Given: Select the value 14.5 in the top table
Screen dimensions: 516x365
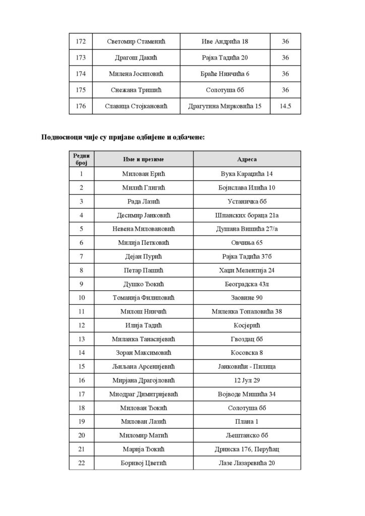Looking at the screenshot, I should tap(285, 106).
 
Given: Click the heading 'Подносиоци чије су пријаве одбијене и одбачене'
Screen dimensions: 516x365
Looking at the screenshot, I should tap(123, 137).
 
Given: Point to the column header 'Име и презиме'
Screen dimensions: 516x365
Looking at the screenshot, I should tap(144, 159).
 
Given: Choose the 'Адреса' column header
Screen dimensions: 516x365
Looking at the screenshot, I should tap(247, 159).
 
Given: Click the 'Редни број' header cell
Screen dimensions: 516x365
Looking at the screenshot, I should tap(81, 159).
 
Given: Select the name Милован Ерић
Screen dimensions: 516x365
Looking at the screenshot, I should tap(144, 174).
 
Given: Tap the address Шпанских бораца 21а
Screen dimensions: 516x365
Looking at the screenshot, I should tap(247, 215).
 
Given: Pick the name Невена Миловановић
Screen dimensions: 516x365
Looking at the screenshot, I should tap(144, 229).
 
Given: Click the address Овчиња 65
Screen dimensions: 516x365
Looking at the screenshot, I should tap(247, 242).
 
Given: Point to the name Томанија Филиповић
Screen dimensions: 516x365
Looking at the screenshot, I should tap(144, 297).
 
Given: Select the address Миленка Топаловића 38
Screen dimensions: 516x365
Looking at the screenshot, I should tap(247, 311).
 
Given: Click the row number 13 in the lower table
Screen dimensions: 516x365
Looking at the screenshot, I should tap(81, 338).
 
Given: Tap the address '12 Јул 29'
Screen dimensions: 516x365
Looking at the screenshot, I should tap(247, 379).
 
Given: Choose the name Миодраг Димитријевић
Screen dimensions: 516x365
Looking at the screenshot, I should tap(144, 393).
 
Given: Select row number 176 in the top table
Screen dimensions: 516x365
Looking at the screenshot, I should tap(81, 106).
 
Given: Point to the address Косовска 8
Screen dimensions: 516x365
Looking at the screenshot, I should tap(247, 352).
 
